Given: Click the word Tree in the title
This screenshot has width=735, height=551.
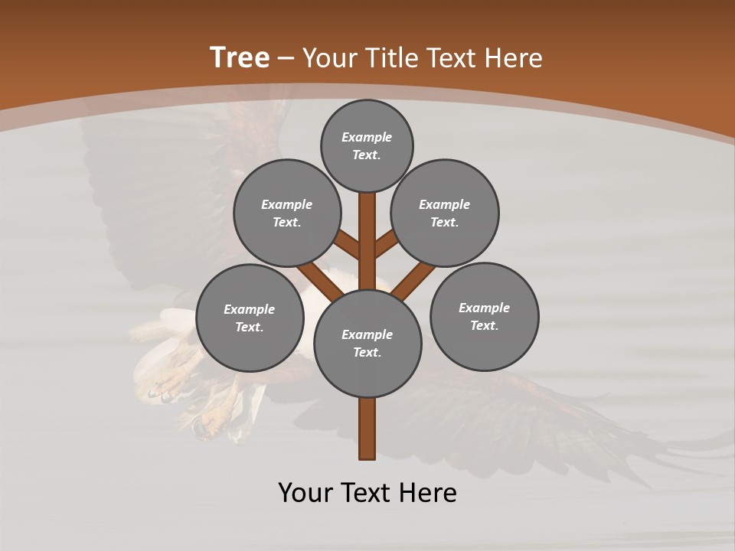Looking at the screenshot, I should (240, 57).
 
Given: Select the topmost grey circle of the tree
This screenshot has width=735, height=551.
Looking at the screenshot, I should (367, 145).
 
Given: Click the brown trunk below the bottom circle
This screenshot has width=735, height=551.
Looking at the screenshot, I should (367, 429).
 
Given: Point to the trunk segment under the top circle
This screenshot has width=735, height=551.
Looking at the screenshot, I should (367, 230).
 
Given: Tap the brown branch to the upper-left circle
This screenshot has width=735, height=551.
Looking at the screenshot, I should (347, 245).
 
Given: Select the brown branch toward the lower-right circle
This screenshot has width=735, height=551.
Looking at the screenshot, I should (413, 281).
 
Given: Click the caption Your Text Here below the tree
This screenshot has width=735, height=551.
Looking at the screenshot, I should (367, 493).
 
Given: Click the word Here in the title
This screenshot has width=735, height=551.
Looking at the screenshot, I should (514, 58).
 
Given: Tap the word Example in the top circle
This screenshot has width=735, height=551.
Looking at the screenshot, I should (367, 137).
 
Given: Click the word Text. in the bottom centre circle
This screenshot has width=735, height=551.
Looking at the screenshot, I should (367, 353).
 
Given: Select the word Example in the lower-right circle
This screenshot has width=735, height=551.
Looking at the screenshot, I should (484, 308).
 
